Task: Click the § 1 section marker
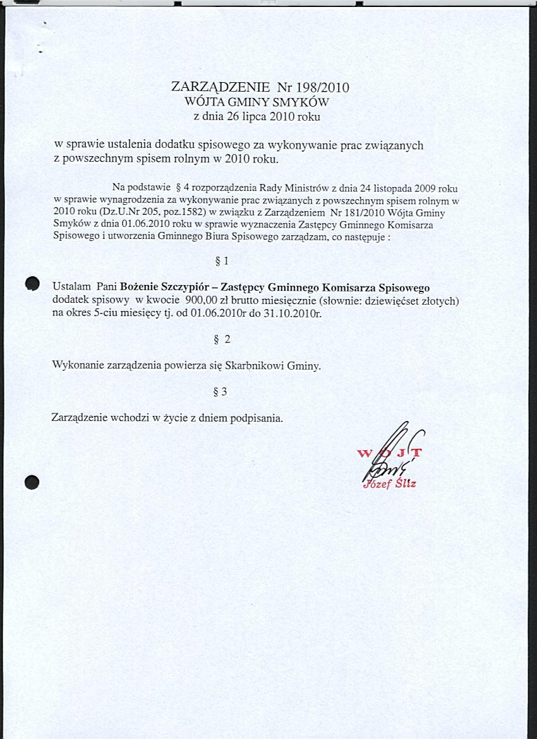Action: coord(222,260)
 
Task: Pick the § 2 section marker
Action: coord(222,339)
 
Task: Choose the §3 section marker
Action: coord(221,392)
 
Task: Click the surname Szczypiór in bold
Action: coord(190,288)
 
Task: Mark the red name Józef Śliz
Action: coord(390,485)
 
